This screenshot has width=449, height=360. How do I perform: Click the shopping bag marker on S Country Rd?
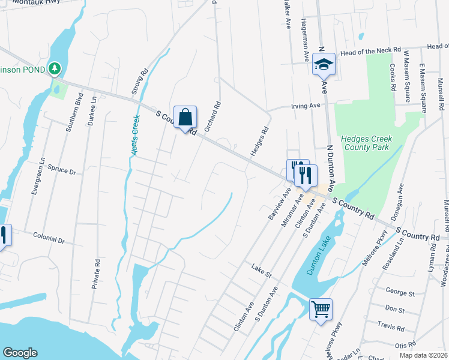[185, 116]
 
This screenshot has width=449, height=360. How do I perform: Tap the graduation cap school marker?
[324, 64]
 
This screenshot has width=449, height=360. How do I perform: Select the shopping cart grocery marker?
[321, 310]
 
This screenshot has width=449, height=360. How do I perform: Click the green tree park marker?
[55, 69]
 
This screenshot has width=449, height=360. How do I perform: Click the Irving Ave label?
[306, 106]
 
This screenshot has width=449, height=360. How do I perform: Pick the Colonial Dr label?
[49, 239]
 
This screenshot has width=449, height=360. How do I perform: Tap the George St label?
[400, 293]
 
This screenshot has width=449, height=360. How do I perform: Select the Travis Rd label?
[392, 327]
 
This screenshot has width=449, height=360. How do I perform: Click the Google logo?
[20, 353]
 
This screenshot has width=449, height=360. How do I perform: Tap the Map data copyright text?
[427, 355]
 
